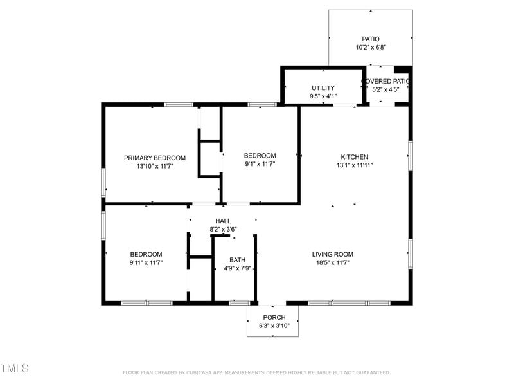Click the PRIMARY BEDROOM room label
(x=155, y=158)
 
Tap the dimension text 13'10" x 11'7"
(x=155, y=166)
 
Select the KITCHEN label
(x=354, y=156)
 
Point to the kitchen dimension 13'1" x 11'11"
(x=354, y=165)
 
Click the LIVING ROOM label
(x=332, y=254)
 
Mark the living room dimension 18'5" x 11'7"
(x=332, y=262)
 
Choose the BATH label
(x=237, y=260)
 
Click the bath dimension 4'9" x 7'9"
(x=237, y=268)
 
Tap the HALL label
(x=223, y=221)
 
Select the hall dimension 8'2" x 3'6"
(x=223, y=230)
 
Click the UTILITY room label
(x=323, y=88)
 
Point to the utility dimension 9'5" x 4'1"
(x=323, y=96)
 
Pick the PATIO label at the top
(x=371, y=39)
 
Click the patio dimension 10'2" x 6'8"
(x=371, y=48)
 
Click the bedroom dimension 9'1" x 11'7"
(x=260, y=164)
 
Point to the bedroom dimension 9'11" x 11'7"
(x=146, y=262)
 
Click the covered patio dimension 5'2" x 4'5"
(x=387, y=89)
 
